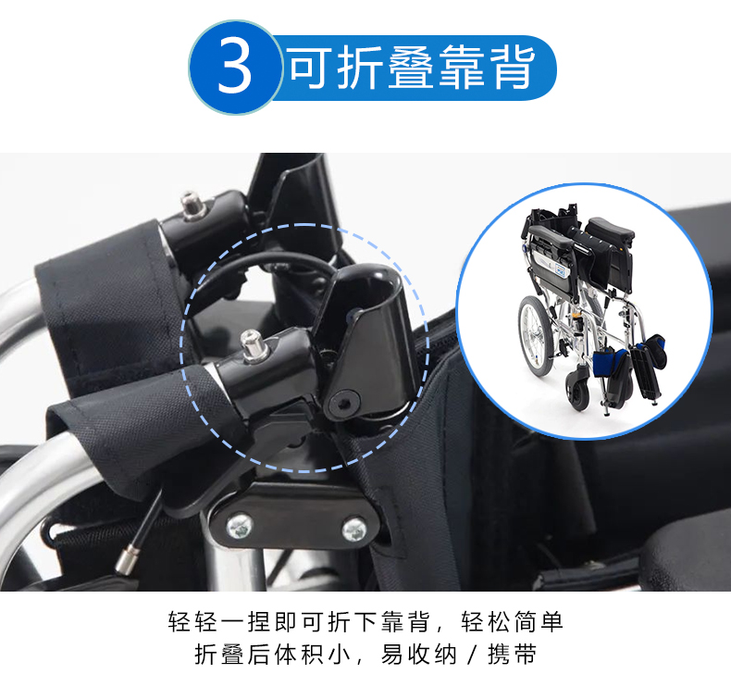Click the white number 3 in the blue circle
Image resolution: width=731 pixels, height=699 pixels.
coord(234,67)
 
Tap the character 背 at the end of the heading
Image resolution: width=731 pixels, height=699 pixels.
coord(513,68)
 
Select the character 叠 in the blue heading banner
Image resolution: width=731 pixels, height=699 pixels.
coord(412,68)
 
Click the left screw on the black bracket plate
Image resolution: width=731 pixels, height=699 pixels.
coord(240,528)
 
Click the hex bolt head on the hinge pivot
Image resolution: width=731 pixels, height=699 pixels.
coord(344,403)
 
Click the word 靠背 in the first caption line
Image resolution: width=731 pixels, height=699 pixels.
coord(404,622)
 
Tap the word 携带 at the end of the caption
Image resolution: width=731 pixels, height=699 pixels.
coord(513,655)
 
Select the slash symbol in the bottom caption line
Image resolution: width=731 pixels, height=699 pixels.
coord(473,655)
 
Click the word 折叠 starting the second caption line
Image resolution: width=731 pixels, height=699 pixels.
coord(218,655)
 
